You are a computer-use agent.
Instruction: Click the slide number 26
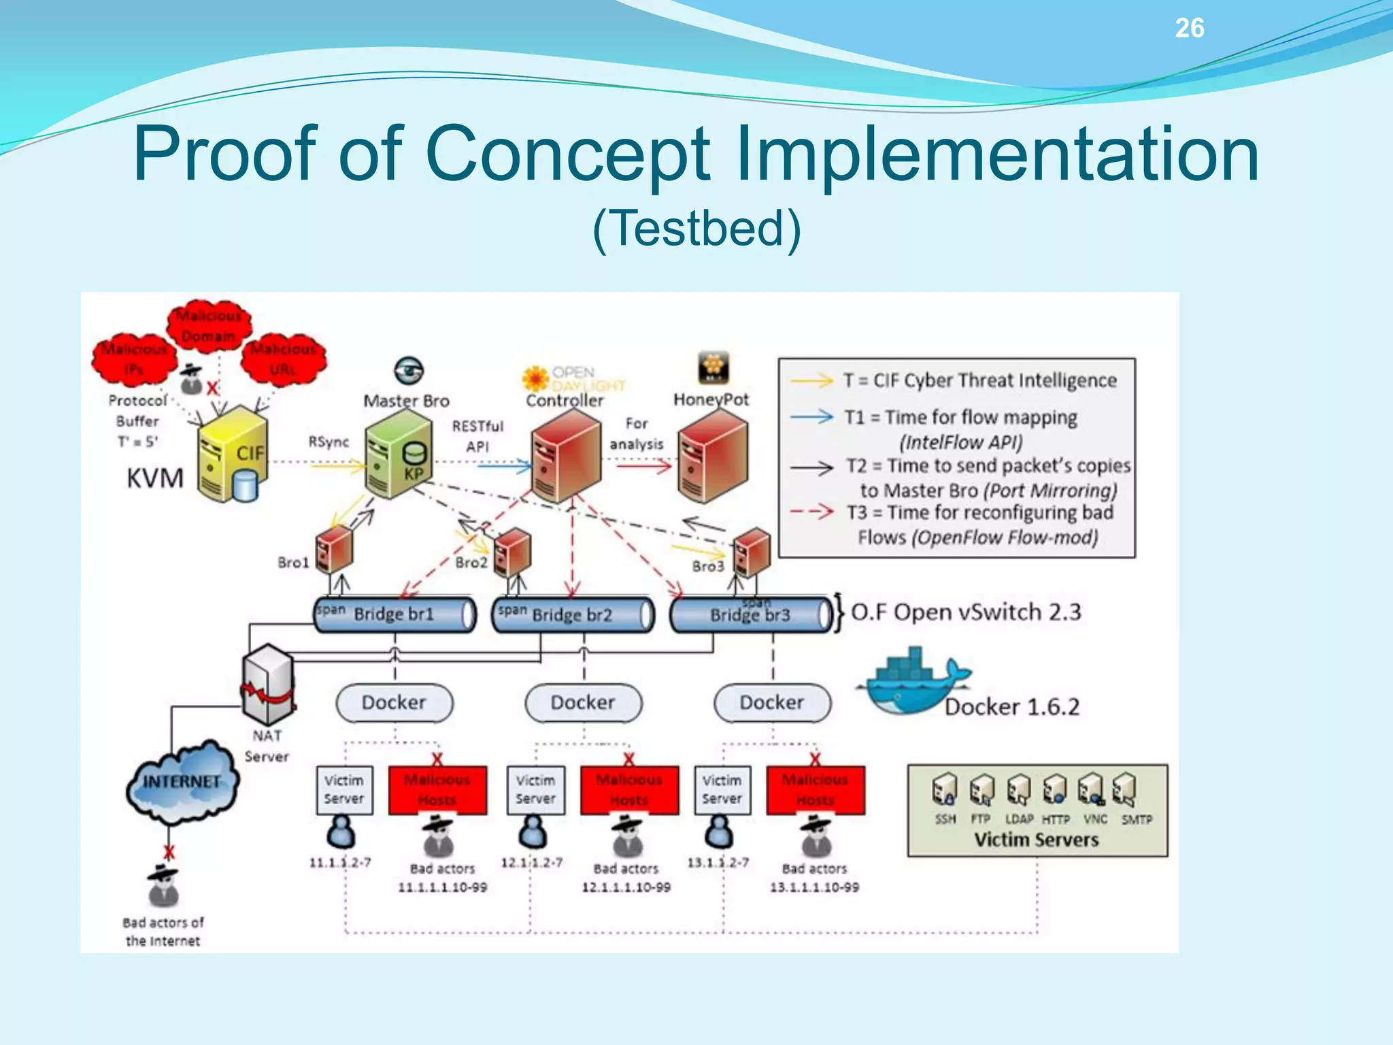pos(1189,28)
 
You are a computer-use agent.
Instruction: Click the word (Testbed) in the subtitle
pos(696,229)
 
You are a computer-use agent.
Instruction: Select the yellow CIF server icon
pos(231,454)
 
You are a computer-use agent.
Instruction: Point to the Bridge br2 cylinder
pos(573,615)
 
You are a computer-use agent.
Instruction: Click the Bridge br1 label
pos(394,614)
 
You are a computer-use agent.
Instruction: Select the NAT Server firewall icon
pos(269,684)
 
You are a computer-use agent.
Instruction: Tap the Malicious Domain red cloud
pos(209,326)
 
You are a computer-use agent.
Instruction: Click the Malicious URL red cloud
pos(283,359)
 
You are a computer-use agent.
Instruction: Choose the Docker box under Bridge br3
pos(772,703)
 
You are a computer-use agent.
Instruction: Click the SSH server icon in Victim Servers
pos(944,790)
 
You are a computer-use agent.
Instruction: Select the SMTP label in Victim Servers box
pos(1137,820)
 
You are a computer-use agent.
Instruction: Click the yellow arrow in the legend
pos(811,380)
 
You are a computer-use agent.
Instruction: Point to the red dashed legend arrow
pos(811,512)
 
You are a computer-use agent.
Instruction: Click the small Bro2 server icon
pos(512,552)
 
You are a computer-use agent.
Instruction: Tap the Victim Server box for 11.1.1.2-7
pos(344,790)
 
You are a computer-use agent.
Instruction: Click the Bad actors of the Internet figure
pos(163,886)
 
